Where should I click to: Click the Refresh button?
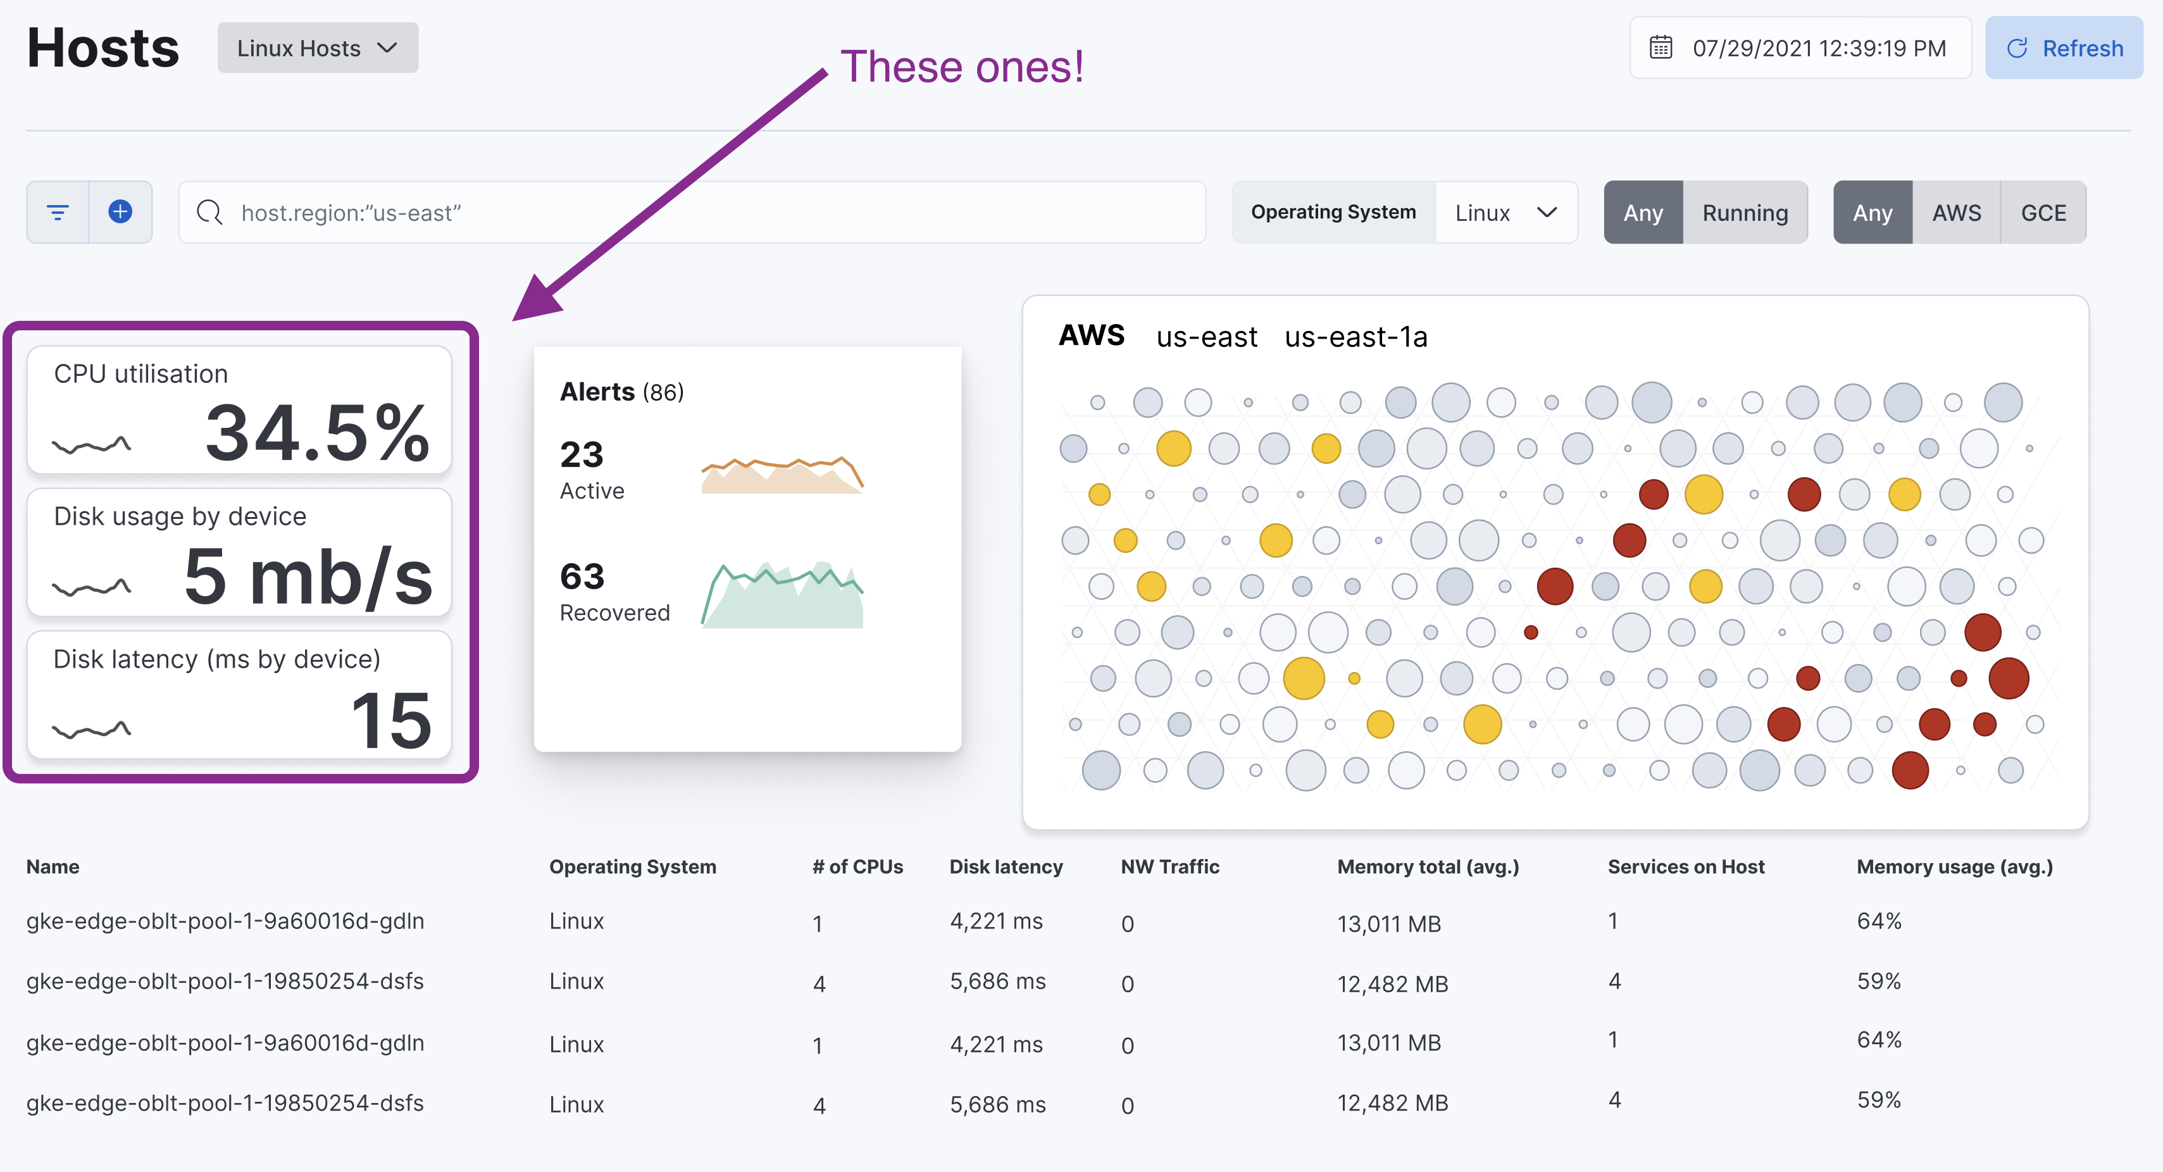[2063, 49]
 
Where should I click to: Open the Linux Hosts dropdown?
[318, 49]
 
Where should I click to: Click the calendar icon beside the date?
[1660, 48]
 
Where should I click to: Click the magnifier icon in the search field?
[209, 213]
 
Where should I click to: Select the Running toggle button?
[1745, 213]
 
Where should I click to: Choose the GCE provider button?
[2043, 213]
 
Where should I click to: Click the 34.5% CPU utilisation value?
[318, 433]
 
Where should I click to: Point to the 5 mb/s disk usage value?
[308, 577]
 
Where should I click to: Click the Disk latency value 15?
[391, 720]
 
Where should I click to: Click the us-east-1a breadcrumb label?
[1356, 337]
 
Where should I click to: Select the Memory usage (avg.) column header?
[1954, 866]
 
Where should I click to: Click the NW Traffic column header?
[1169, 866]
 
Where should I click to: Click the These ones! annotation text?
[961, 67]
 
